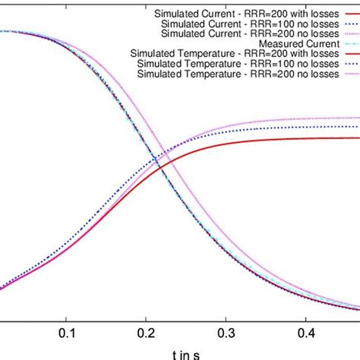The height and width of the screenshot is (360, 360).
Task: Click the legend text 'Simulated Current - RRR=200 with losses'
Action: pyautogui.click(x=239, y=13)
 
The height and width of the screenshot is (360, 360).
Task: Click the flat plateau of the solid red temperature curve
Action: pyautogui.click(x=319, y=137)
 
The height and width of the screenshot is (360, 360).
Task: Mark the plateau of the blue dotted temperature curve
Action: pyautogui.click(x=319, y=126)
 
